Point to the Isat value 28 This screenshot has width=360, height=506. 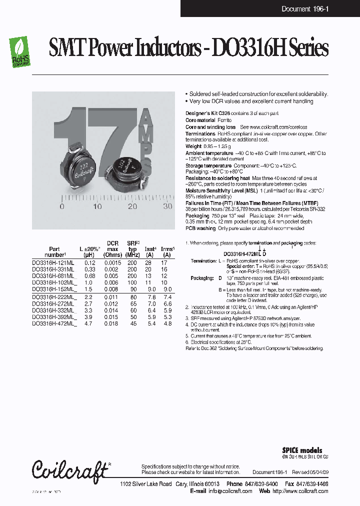pyautogui.click(x=148, y=262)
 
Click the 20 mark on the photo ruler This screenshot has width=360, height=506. pyautogui.click(x=132, y=206)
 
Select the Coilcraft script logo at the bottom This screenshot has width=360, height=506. pyautogui.click(x=70, y=470)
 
